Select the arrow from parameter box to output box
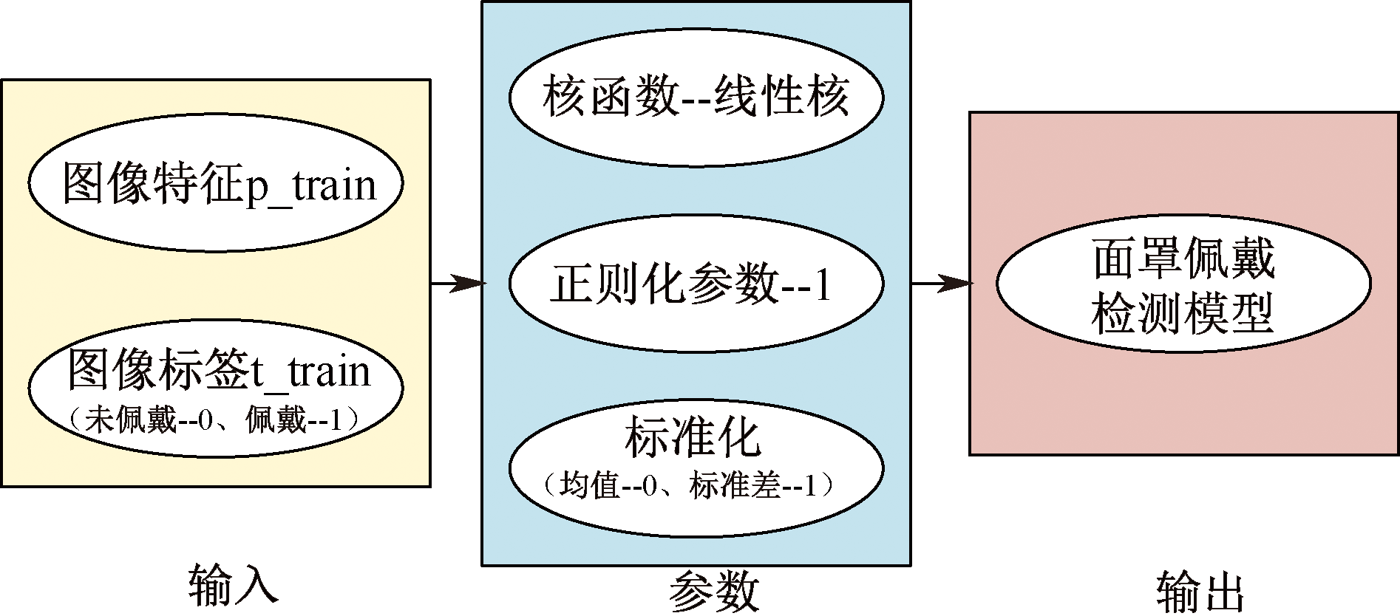(940, 283)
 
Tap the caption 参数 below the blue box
(714, 591)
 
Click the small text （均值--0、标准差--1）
(690, 487)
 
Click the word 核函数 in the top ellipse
(610, 97)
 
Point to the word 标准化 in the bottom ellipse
(693, 439)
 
